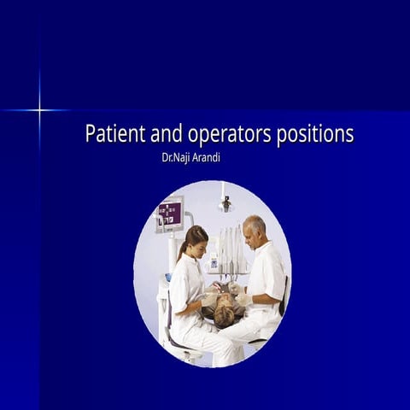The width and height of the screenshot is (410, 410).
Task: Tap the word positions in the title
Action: click(x=313, y=135)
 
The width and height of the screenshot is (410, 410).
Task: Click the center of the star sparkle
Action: click(x=39, y=109)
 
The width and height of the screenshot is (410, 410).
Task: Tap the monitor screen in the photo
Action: click(x=170, y=213)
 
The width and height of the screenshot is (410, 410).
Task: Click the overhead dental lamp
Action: click(x=225, y=202)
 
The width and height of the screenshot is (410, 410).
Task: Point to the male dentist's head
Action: click(x=254, y=230)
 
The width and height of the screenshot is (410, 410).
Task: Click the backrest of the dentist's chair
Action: click(x=283, y=296)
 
